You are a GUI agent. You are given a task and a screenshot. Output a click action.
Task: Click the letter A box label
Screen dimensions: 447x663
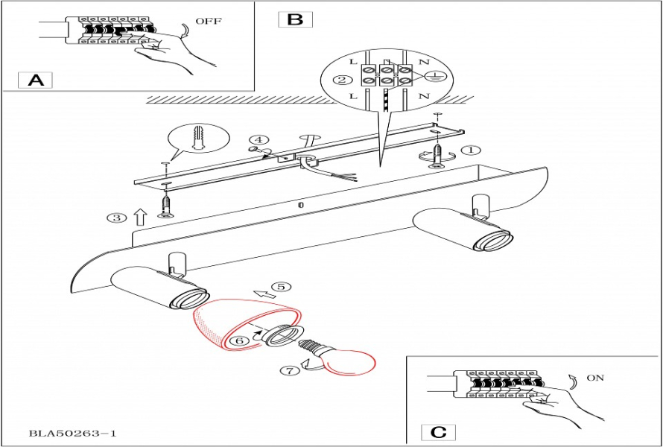point(36,80)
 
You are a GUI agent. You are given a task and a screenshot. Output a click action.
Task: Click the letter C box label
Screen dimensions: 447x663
point(439,431)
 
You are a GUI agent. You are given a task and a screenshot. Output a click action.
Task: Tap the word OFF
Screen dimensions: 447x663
point(209,22)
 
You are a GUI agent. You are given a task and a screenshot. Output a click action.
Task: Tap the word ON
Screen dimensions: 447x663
point(594,378)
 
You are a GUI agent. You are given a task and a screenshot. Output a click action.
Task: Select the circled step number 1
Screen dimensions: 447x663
point(470,150)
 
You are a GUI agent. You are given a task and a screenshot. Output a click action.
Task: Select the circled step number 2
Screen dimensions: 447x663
point(342,80)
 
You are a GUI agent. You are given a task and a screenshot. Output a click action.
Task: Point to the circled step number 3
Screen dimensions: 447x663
point(115,218)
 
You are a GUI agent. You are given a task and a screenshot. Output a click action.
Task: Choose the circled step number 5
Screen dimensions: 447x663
point(280,286)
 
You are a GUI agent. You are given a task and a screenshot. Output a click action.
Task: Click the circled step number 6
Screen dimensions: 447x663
point(239,340)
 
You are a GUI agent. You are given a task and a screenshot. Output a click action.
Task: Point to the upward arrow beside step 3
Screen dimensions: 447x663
point(139,217)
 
